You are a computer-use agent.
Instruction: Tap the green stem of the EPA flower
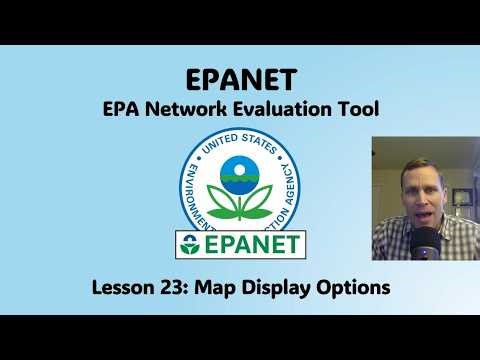pos(239,205)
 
